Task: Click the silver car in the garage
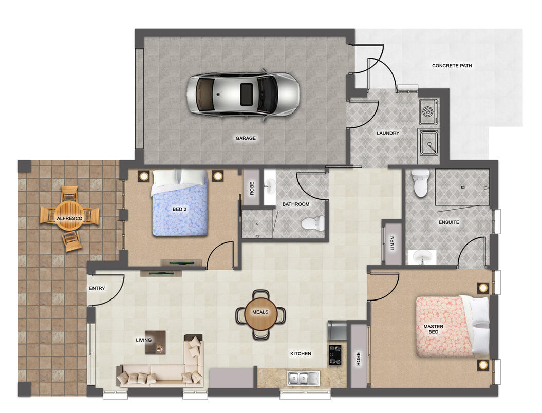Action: (x=242, y=94)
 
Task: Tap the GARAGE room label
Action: (x=246, y=138)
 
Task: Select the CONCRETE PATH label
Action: (x=452, y=66)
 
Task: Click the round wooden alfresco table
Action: (x=69, y=218)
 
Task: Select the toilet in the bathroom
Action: (x=313, y=223)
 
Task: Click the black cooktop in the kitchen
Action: (x=334, y=354)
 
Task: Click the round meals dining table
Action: (x=260, y=312)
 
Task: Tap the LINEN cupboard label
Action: (x=392, y=243)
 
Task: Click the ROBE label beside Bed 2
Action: (x=252, y=189)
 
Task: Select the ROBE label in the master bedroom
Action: (x=358, y=359)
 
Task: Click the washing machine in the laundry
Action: (x=428, y=112)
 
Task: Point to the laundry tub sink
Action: (x=428, y=142)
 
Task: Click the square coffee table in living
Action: (x=155, y=343)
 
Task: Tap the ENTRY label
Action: (x=97, y=288)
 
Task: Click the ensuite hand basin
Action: (x=422, y=257)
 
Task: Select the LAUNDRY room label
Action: (x=388, y=133)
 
